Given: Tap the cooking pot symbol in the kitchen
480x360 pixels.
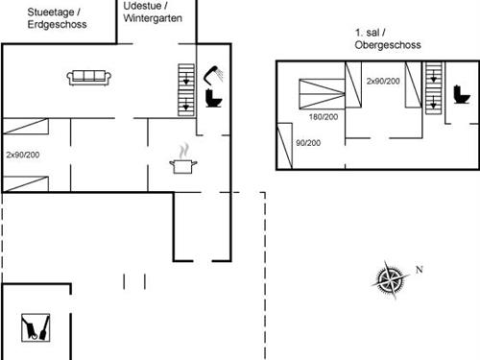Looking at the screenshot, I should [x=182, y=164].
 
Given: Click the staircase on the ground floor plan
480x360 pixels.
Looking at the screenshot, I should [x=185, y=89].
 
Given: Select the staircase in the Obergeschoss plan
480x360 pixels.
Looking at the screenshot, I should [x=434, y=85].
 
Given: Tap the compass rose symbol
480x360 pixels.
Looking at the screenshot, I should [x=390, y=279].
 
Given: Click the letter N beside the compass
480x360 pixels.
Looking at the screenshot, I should [x=419, y=269].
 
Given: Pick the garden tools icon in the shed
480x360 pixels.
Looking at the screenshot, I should [x=36, y=328].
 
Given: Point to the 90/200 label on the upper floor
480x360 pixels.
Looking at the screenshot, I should [x=309, y=143].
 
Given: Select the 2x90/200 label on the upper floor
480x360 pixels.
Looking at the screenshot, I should [x=383, y=81].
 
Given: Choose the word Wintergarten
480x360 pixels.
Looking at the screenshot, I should [x=153, y=19].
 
